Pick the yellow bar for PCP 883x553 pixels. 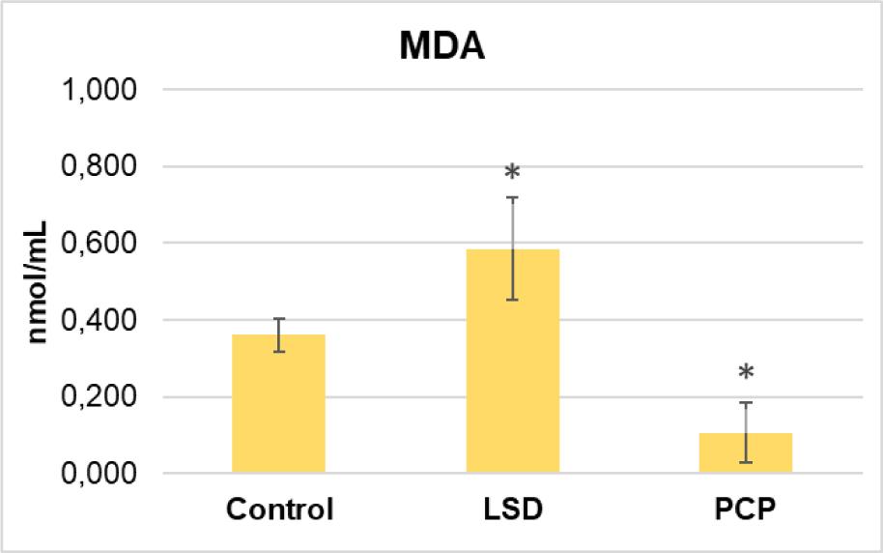pos(746,453)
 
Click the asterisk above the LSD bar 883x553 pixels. pos(512,173)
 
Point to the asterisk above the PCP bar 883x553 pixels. pos(746,373)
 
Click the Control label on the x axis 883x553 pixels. pos(279,509)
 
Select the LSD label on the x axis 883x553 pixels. pos(513,509)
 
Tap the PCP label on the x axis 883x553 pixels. pos(746,509)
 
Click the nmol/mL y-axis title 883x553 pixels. pos(40,281)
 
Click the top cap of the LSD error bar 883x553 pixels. pos(513,197)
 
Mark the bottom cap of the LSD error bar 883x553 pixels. pos(513,300)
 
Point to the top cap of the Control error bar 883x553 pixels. pos(279,318)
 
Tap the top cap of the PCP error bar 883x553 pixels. pos(746,402)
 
